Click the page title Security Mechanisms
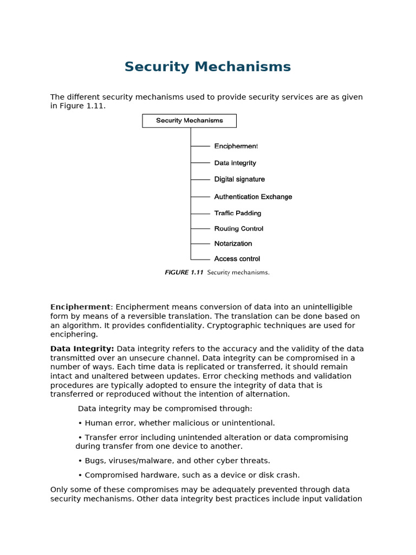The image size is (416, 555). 207,67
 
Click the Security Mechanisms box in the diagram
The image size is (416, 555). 189,121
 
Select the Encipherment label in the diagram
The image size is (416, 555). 236,146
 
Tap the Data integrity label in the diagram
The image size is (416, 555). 235,163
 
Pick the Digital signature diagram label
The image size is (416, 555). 239,179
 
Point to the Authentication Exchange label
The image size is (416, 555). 253,197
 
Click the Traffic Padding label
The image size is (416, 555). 237,213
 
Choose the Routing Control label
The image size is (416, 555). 238,229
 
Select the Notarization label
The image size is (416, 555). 233,244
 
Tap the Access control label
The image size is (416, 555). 237,259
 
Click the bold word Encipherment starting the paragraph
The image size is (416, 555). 80,307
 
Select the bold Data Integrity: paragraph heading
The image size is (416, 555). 82,349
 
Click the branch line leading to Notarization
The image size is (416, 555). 200,244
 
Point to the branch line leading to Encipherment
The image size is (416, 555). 200,146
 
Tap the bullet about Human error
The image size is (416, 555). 177,423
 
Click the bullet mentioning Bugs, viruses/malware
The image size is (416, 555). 174,461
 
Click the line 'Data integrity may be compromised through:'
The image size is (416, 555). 165,409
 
